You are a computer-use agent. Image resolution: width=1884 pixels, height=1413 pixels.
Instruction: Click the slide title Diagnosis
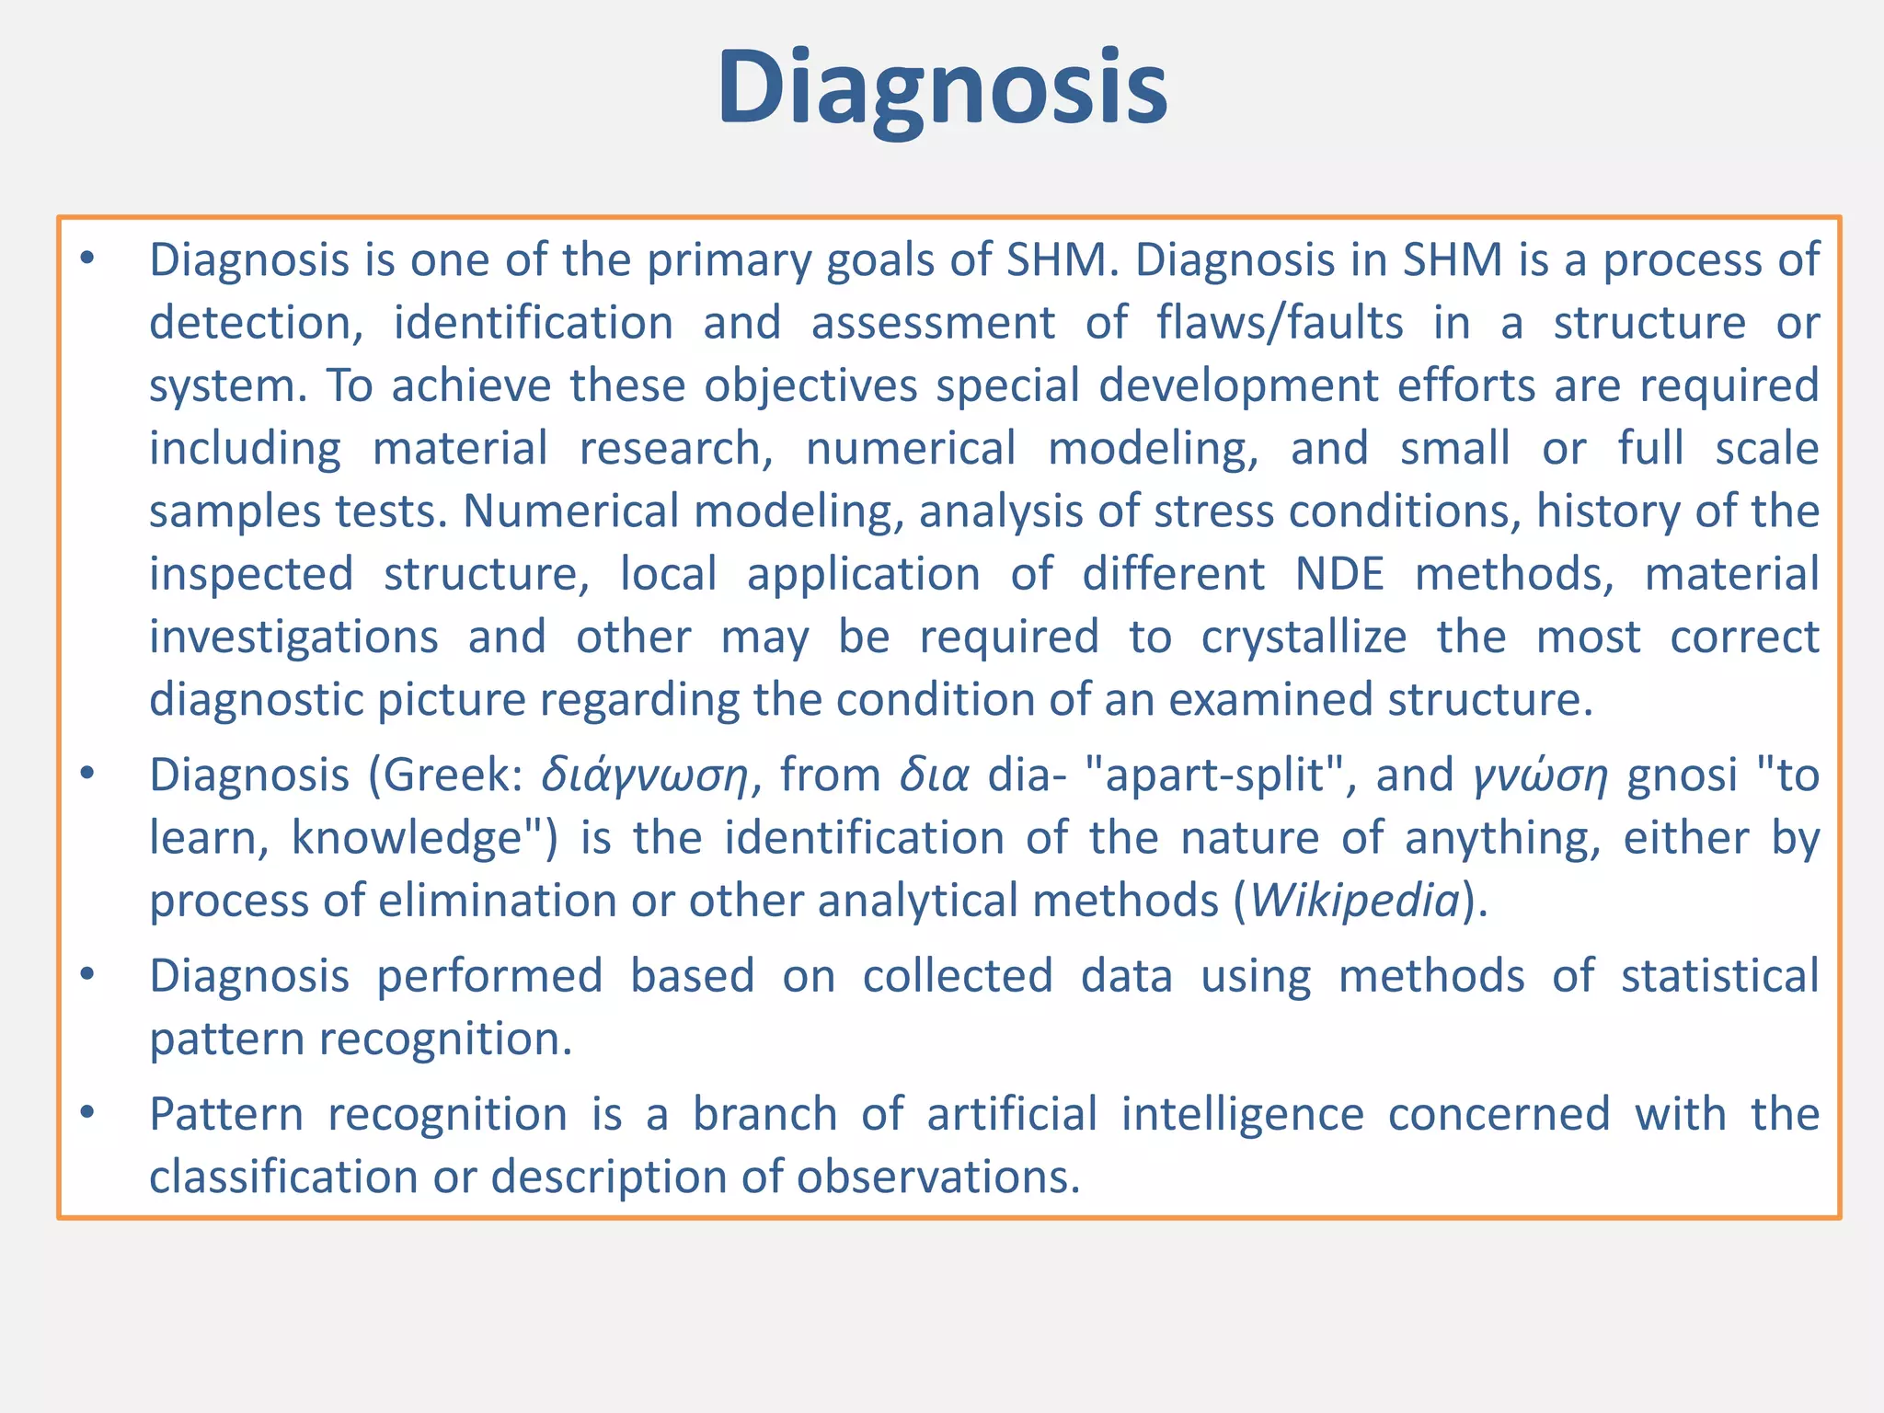pos(942,89)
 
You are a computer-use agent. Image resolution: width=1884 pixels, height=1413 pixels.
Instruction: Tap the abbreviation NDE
pos(1339,574)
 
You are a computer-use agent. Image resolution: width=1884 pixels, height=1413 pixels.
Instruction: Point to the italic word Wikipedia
pos(1355,900)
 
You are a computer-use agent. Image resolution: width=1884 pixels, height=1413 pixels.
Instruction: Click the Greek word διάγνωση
pos(645,775)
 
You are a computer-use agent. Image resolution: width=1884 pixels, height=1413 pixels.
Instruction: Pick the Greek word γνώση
pos(1541,775)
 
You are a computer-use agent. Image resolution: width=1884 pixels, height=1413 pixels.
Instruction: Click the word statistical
pos(1719,976)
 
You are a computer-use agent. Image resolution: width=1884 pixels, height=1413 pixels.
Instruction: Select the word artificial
pos(1012,1114)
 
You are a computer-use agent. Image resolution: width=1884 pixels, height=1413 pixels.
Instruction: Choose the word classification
pos(283,1177)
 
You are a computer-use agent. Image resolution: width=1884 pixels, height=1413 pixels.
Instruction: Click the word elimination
pos(498,900)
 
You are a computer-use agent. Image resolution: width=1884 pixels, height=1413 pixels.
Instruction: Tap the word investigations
pos(293,638)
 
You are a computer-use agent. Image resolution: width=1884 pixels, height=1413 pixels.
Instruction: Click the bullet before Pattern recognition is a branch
pos(87,1112)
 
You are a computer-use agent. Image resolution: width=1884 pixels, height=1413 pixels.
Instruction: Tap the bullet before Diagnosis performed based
pos(87,974)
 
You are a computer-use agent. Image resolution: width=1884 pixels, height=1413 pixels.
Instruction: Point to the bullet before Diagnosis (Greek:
pos(87,774)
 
